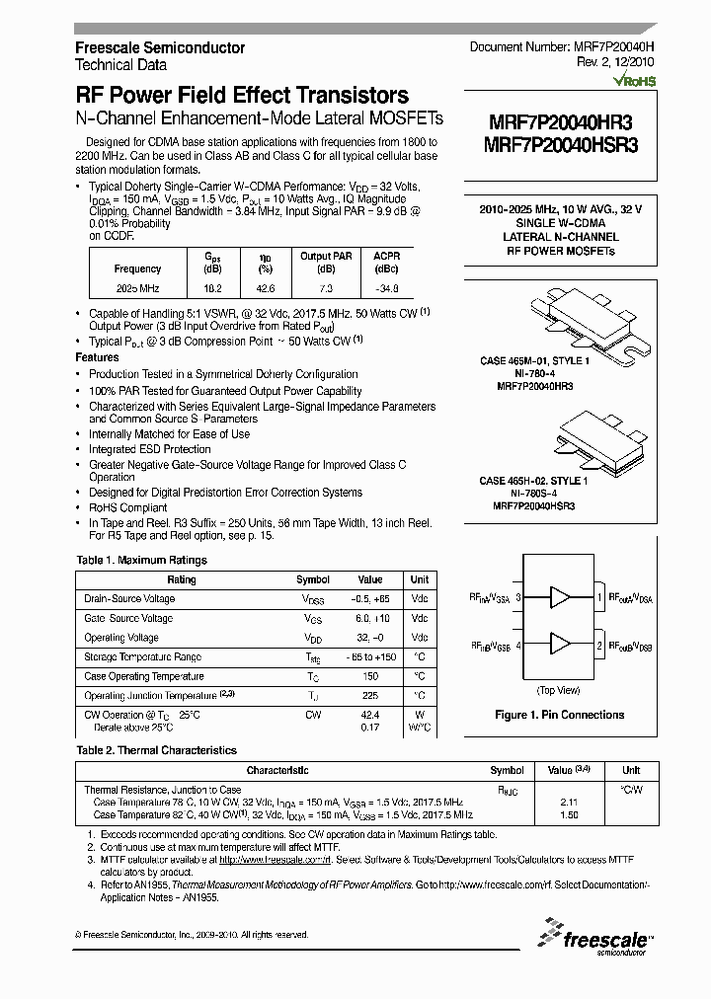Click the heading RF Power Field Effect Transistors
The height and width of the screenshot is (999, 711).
point(242,96)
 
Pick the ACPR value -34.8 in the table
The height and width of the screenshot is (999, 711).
point(388,289)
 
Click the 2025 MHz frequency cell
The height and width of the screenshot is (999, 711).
point(137,289)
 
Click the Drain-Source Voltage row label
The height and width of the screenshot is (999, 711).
point(130,599)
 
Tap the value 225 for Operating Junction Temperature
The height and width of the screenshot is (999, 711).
point(369,696)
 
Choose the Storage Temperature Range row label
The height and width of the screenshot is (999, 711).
point(143,657)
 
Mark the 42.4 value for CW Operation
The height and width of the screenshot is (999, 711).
point(369,715)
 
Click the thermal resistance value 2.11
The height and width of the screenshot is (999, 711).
point(568,804)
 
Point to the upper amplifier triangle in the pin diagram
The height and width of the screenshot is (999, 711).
point(561,597)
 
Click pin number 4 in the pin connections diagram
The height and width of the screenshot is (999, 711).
point(518,645)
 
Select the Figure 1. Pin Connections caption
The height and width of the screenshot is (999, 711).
point(559,715)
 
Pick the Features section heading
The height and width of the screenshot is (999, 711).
point(98,357)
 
